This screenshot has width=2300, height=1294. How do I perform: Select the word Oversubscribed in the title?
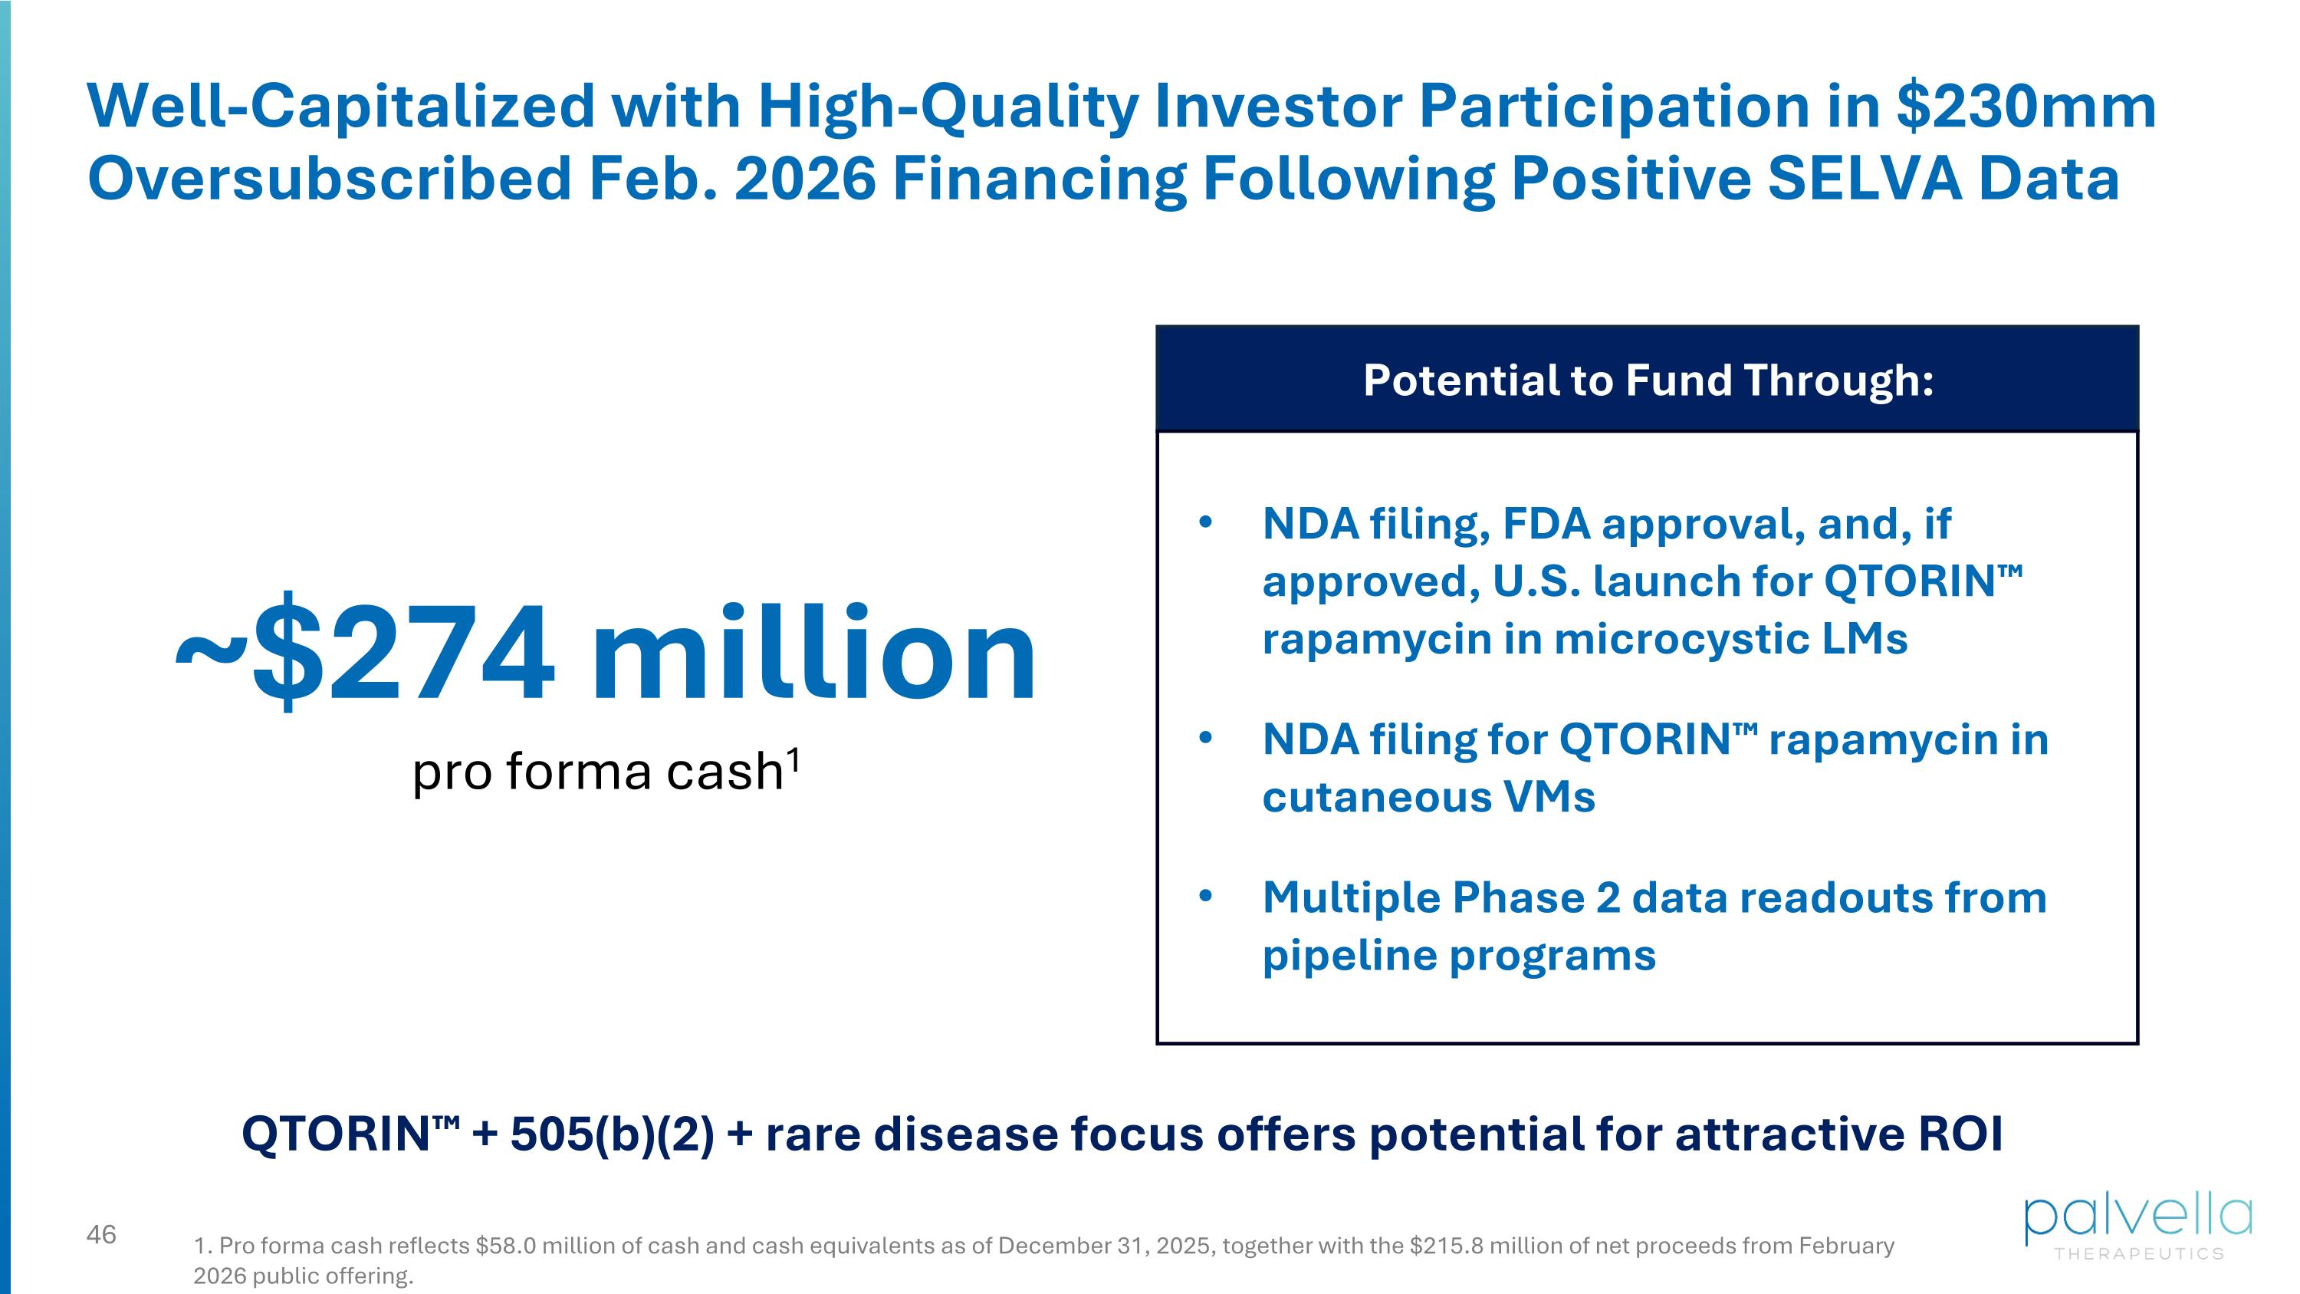[x=330, y=178]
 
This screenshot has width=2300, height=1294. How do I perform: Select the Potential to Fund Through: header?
[x=1648, y=380]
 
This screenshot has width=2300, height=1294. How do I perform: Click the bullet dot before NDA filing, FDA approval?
[x=1205, y=522]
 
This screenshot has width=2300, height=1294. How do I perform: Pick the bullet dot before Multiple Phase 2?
[x=1205, y=896]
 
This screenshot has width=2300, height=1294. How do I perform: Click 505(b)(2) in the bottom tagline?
[x=613, y=1134]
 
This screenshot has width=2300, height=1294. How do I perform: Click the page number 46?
[x=101, y=1234]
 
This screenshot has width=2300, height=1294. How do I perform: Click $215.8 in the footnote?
[x=1447, y=1245]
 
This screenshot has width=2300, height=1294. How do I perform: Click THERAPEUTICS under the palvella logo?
[x=2139, y=1254]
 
